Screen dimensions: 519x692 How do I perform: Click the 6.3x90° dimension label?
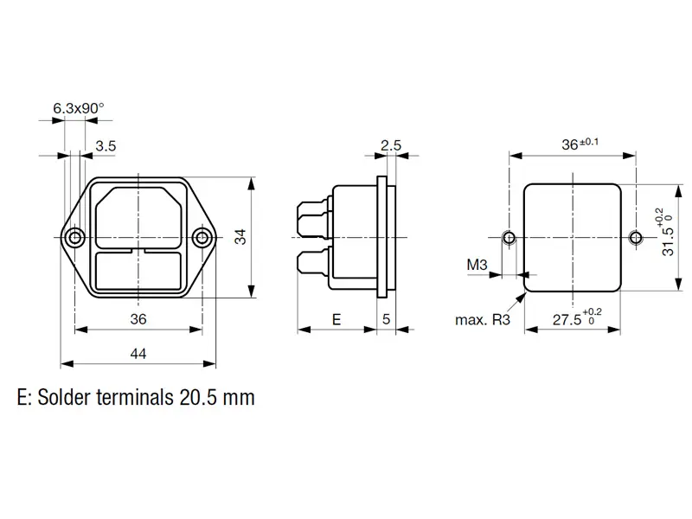click(x=78, y=108)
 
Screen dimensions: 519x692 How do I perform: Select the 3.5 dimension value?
click(x=106, y=146)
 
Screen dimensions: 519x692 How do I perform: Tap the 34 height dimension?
click(x=240, y=237)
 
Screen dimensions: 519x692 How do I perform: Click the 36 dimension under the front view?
click(x=138, y=319)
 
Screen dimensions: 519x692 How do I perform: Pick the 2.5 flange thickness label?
click(x=391, y=146)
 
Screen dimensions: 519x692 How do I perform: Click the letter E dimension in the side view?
click(x=336, y=319)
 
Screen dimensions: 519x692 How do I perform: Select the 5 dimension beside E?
click(x=386, y=319)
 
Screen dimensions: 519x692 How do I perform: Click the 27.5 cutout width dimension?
click(x=567, y=319)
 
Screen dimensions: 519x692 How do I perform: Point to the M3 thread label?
click(x=477, y=264)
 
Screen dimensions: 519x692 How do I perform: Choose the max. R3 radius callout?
click(x=483, y=320)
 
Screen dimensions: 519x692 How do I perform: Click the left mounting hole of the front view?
click(x=75, y=237)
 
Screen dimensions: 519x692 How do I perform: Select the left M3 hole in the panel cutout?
click(x=509, y=237)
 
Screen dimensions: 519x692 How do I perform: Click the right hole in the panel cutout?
click(x=636, y=237)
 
